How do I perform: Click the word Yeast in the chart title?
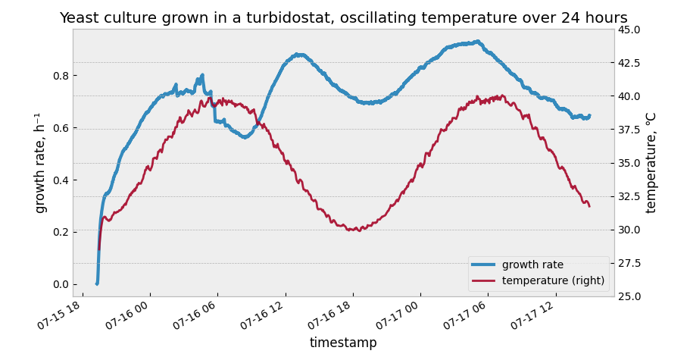pyautogui.click(x=80, y=18)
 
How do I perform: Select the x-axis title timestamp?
pyautogui.click(x=343, y=343)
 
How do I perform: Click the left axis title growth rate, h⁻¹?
pyautogui.click(x=41, y=162)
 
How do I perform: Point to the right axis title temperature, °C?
pyautogui.click(x=651, y=162)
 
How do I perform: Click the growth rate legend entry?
pyautogui.click(x=532, y=265)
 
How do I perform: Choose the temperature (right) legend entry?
pyautogui.click(x=553, y=280)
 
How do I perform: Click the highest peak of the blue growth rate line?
pyautogui.click(x=477, y=42)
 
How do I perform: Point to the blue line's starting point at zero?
pyautogui.click(x=97, y=283)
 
